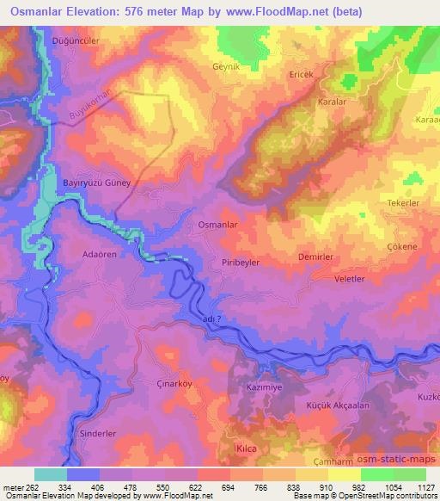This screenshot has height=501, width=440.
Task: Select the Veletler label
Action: (x=350, y=280)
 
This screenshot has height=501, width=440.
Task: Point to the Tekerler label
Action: (x=400, y=201)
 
